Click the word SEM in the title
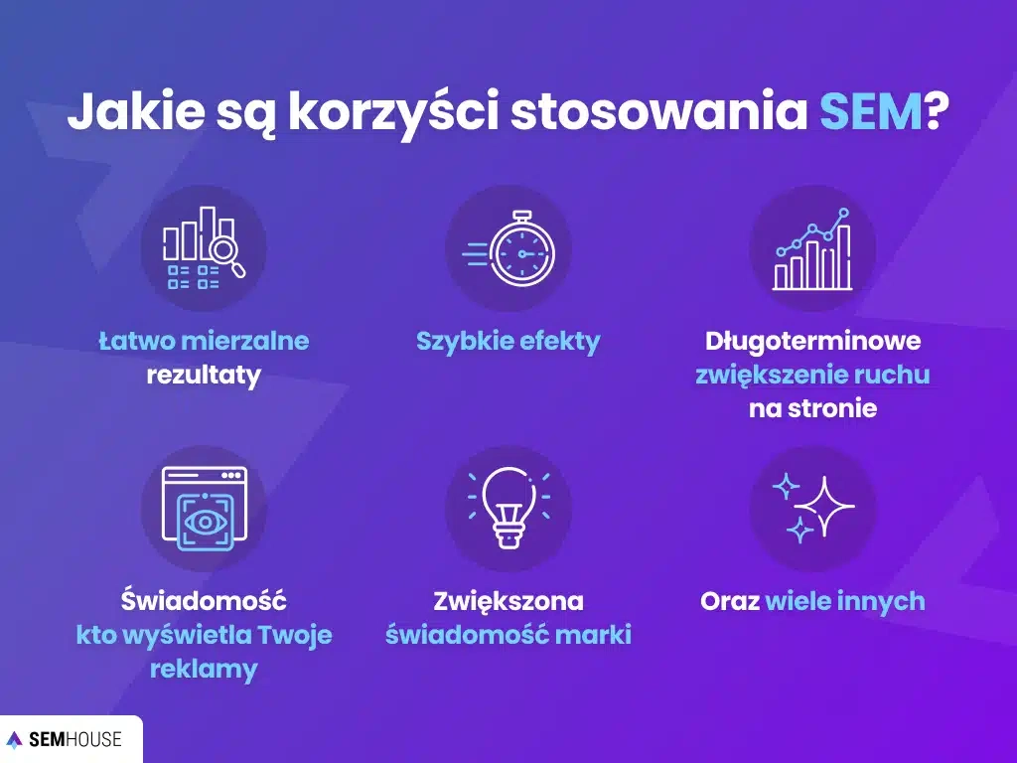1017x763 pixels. (870, 111)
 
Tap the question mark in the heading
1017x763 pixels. (936, 111)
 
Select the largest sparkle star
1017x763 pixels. (824, 506)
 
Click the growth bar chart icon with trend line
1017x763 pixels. (812, 249)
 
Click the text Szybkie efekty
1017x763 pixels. (508, 342)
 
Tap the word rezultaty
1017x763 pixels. (204, 375)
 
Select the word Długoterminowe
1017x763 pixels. (812, 341)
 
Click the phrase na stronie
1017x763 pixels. (812, 408)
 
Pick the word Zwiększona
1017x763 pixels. (508, 601)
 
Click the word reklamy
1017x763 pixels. (204, 669)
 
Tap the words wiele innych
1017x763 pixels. (845, 601)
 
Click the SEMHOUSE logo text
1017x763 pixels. (75, 739)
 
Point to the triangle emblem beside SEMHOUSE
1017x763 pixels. (14, 739)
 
